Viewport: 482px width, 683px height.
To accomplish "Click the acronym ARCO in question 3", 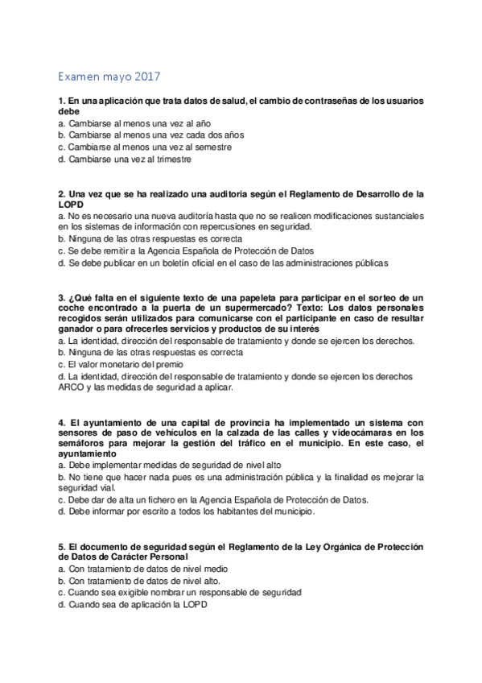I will pos(72,387).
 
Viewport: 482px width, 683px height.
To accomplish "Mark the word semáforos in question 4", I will pos(84,443).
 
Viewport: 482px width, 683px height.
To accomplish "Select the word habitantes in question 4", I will pos(215,511).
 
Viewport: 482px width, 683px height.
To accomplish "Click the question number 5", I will pos(62,547).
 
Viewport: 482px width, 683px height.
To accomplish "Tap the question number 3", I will pos(62,297).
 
